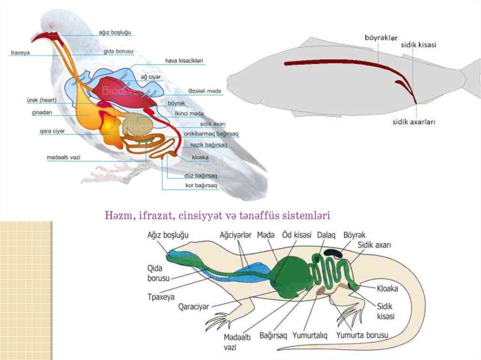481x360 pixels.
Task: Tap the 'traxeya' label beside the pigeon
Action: pos(20,53)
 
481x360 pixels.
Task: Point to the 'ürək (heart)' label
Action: pos(41,100)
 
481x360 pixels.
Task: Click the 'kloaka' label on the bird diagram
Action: pos(200,158)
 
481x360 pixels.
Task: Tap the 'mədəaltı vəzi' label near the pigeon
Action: pos(63,157)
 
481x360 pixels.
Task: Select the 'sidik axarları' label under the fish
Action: pos(414,122)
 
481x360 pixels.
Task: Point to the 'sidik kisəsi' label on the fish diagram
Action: pos(419,45)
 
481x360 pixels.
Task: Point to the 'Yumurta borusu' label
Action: pos(362,336)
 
